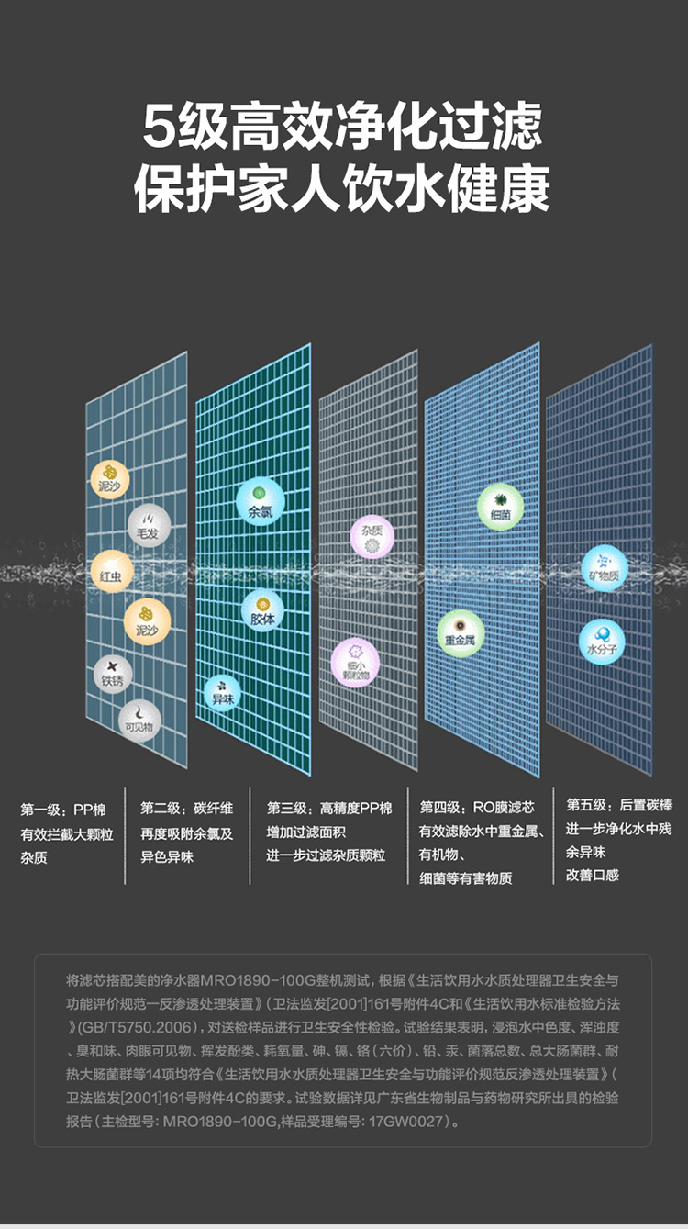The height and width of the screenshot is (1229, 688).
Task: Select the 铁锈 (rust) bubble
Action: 112,675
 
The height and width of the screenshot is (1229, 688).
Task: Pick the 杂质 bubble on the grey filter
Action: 372,536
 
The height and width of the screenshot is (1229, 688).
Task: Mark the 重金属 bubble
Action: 460,632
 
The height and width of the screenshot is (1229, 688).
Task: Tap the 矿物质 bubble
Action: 603,567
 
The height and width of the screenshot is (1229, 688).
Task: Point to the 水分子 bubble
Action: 602,640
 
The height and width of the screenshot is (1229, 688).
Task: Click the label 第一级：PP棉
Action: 63,810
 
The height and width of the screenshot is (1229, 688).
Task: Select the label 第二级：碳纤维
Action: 187,809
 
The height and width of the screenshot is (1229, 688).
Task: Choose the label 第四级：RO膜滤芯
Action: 477,808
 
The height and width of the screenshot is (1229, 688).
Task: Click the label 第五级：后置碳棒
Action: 619,805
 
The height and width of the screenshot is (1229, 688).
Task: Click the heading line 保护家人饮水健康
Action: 342,190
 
